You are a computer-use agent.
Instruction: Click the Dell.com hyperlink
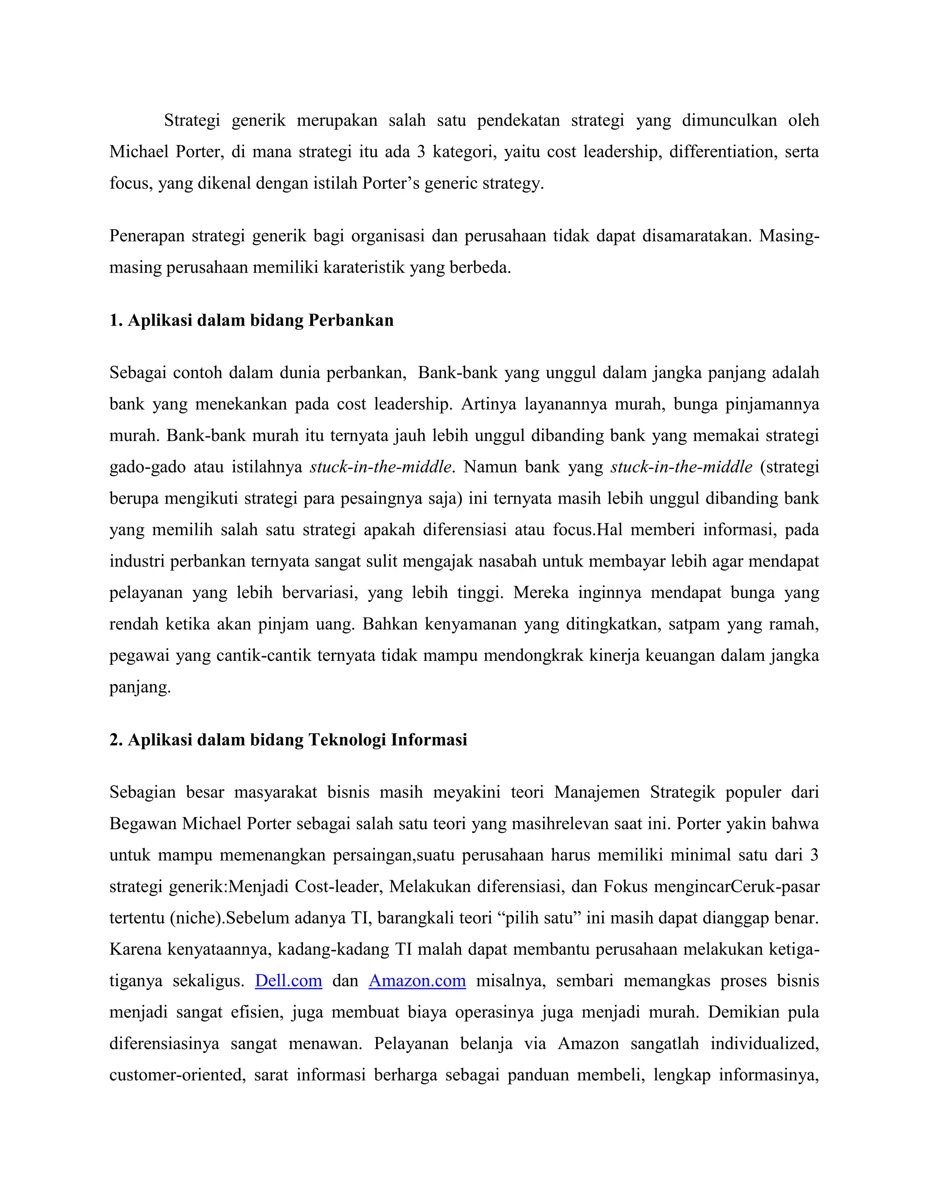pyautogui.click(x=288, y=981)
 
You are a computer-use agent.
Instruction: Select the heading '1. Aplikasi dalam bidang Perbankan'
pyautogui.click(x=251, y=320)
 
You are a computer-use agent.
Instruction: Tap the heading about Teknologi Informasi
pyautogui.click(x=288, y=740)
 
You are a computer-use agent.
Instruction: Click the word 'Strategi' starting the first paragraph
pyautogui.click(x=191, y=121)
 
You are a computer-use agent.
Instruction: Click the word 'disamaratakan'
pyautogui.click(x=694, y=236)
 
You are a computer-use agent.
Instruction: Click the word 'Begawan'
pyautogui.click(x=142, y=824)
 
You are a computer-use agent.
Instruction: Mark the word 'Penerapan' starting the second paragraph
pyautogui.click(x=146, y=236)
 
